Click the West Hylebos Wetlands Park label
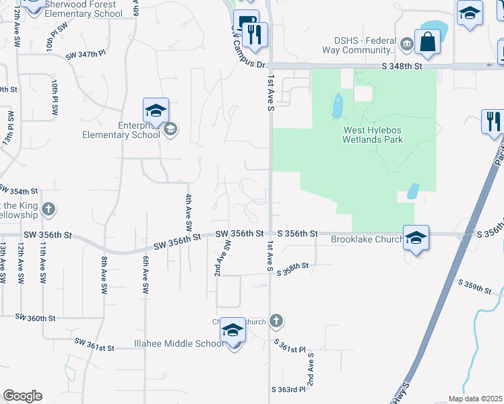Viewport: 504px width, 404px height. click(373, 135)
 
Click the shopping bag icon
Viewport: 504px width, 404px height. click(427, 42)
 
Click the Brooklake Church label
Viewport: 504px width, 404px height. click(367, 239)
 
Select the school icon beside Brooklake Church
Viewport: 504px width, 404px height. click(416, 238)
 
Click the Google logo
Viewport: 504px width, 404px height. click(22, 396)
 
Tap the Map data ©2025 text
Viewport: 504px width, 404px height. click(475, 399)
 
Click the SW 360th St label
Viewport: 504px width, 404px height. click(34, 317)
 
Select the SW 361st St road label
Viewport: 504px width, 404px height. click(94, 344)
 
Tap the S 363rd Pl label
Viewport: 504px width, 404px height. click(290, 389)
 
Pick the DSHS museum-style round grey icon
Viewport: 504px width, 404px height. click(406, 45)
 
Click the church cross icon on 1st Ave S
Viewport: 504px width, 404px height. click(275, 321)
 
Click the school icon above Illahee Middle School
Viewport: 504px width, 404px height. click(233, 331)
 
